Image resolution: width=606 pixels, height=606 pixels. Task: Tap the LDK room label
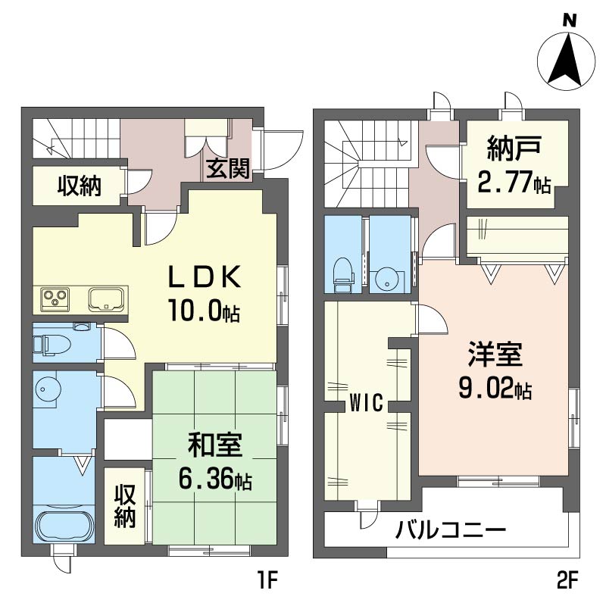pos(205,278)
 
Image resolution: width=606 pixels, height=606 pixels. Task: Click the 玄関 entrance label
pos(228,169)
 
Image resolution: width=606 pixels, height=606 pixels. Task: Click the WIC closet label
pos(366,402)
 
